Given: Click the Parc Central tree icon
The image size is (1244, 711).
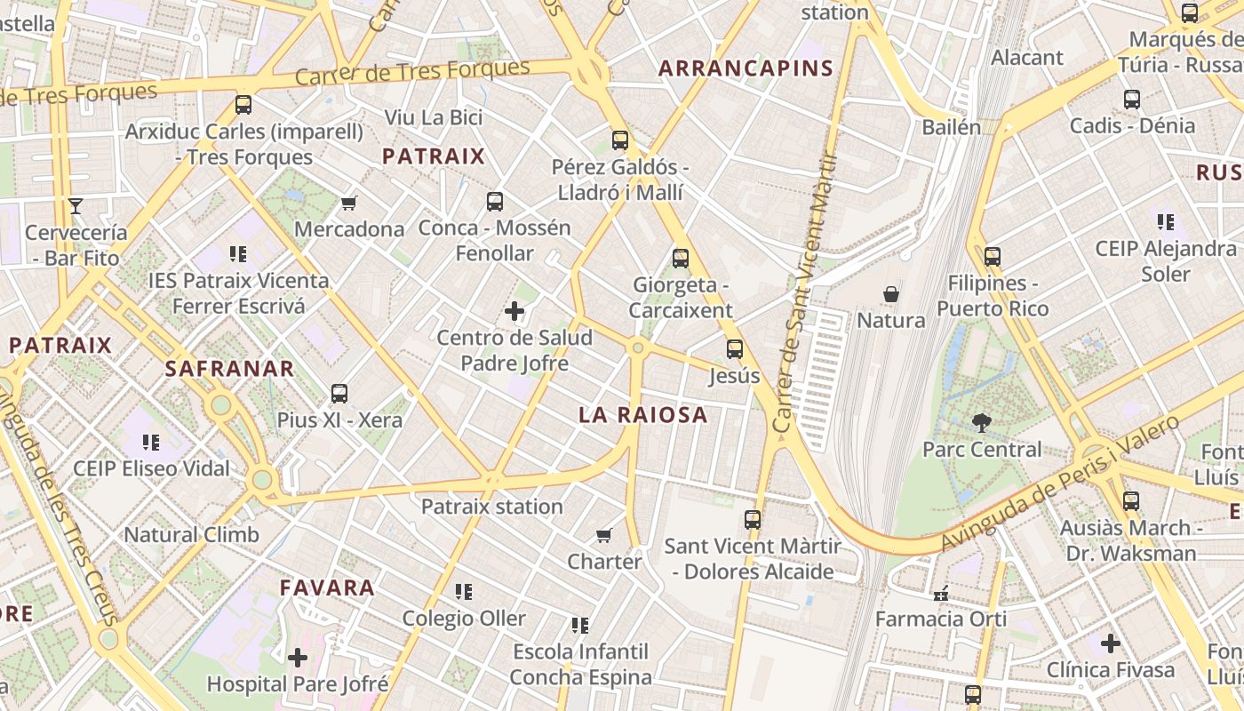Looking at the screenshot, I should click(x=981, y=422).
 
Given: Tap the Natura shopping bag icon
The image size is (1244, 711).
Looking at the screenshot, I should click(x=891, y=294).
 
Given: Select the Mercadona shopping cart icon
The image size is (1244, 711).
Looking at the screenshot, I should click(x=349, y=204).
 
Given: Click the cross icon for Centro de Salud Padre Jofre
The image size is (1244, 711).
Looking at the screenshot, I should click(x=514, y=311).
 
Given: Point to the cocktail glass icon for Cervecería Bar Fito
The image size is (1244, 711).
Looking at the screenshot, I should click(x=76, y=206).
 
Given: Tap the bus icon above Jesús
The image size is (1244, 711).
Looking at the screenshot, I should click(x=735, y=349).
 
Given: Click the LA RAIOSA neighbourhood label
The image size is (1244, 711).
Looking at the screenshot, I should click(x=643, y=415).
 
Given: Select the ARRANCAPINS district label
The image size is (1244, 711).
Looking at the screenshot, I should click(x=746, y=68).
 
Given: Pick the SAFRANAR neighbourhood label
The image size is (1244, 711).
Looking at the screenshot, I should click(x=229, y=369).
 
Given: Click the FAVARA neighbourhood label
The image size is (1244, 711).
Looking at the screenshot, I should click(x=327, y=587).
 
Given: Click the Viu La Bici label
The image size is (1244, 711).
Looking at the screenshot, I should click(x=434, y=117).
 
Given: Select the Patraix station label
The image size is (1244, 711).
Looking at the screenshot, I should click(x=491, y=507).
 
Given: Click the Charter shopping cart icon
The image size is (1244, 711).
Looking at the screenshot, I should click(x=604, y=535).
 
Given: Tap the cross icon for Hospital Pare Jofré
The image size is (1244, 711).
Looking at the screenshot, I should click(x=298, y=658).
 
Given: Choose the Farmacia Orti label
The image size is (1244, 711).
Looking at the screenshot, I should click(x=941, y=619).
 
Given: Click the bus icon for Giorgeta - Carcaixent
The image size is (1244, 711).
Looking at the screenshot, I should click(x=681, y=259).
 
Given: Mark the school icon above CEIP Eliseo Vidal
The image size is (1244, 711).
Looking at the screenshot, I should click(x=151, y=442).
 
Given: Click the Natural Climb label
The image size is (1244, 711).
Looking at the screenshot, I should click(x=191, y=535).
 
